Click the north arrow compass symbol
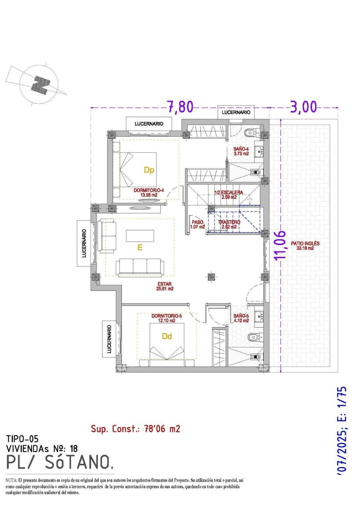pos(40,85)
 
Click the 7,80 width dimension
pos(180,107)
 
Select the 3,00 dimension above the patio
pos(303,107)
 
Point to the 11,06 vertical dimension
pos(282,245)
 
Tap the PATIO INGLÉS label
pos(305,245)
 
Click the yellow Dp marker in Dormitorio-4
pos(149,170)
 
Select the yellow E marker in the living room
pos(140,248)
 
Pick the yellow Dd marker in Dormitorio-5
pos(167,336)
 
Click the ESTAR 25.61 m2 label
pos(164,286)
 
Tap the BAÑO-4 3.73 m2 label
pos(241,151)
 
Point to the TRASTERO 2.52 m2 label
pos(229,224)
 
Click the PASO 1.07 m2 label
pos(198,224)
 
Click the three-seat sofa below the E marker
pos(140,267)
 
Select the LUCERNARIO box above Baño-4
pos(236,112)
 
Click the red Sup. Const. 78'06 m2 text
pos(135,429)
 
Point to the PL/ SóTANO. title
pos(60,462)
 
